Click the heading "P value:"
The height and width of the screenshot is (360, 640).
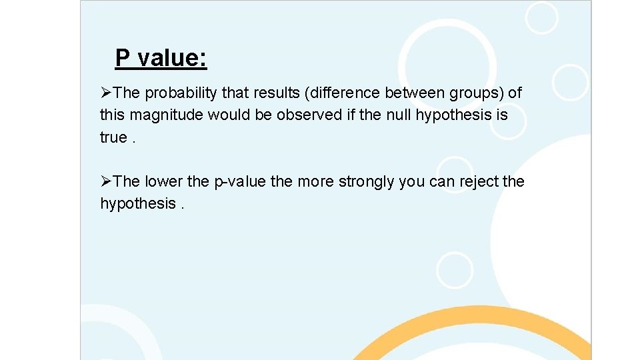pyautogui.click(x=161, y=58)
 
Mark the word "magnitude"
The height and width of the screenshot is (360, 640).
pyautogui.click(x=166, y=115)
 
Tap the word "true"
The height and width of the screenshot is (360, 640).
pyautogui.click(x=113, y=137)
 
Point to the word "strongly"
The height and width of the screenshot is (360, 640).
pyautogui.click(x=367, y=181)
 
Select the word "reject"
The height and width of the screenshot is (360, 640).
pyautogui.click(x=475, y=181)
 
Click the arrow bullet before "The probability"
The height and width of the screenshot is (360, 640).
pyautogui.click(x=107, y=93)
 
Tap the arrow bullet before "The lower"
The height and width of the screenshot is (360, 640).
pyautogui.click(x=107, y=181)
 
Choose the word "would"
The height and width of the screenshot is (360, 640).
pyautogui.click(x=230, y=115)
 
